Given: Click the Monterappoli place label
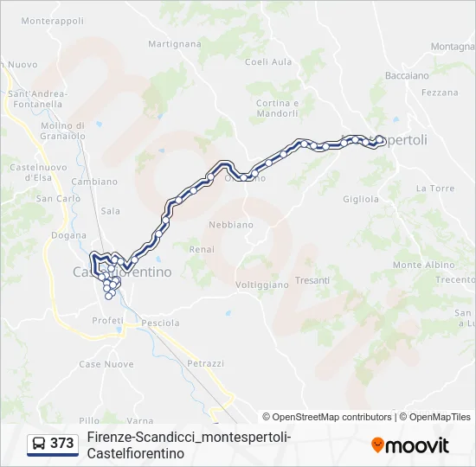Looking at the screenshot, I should point(53,20).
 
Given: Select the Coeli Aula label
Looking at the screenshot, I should point(268,61).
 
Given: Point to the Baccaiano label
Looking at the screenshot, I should point(407,75).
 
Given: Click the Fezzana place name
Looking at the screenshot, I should point(441,93).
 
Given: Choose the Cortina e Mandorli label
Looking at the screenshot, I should point(277,108).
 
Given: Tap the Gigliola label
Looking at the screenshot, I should point(361,199).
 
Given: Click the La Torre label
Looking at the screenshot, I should point(434,188).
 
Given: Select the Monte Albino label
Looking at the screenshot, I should point(418,265).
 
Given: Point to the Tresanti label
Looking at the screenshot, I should point(312,280).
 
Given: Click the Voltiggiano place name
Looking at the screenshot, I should point(261,285).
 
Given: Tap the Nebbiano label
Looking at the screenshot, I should point(231,225).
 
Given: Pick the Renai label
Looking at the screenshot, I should point(202,249).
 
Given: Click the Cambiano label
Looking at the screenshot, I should point(94,182).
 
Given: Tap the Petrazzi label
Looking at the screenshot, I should point(205,363).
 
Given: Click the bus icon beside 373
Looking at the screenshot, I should point(39,444).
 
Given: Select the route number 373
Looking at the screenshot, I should point(61,444).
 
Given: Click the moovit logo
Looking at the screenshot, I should point(410,445).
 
